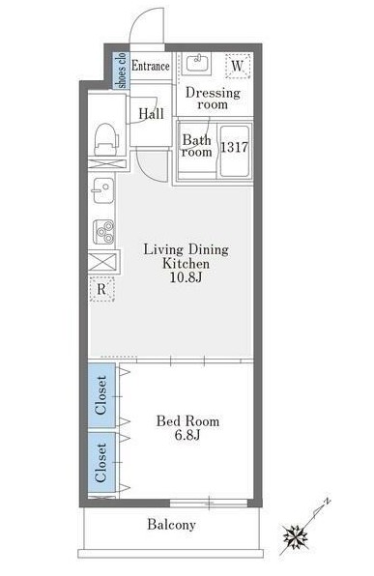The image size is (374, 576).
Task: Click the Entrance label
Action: coord(151,66)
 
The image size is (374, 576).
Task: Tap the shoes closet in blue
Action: coord(121,71)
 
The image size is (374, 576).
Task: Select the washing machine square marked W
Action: coord(238,66)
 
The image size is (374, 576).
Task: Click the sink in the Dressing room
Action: coord(196,64)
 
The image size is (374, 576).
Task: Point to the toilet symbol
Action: coord(106,139)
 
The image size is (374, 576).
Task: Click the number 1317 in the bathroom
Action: coord(234,148)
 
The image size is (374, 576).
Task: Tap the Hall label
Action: coord(151,113)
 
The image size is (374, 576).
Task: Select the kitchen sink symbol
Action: coord(103,190)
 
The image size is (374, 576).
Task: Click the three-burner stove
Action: coord(103,232)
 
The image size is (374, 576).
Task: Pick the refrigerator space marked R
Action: coord(101,289)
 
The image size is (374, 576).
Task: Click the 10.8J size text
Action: coord(186,277)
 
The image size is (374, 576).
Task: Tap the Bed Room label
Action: coord(187,421)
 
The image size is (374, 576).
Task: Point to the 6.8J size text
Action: coord(187,435)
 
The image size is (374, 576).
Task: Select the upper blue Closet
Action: coord(101,395)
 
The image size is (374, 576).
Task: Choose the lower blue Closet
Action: coord(101,463)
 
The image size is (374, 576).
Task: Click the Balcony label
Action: coord(171,525)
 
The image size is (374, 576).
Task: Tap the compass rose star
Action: coord(296,537)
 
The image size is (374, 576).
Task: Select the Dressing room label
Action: coord(213,98)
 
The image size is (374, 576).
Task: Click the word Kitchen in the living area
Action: coord(186,264)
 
